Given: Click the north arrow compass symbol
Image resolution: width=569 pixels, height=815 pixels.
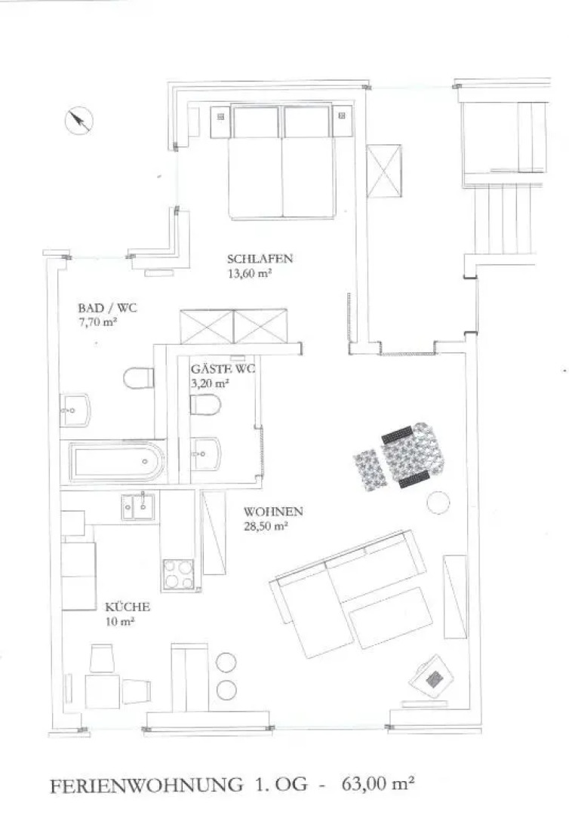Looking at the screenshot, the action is [x=78, y=121].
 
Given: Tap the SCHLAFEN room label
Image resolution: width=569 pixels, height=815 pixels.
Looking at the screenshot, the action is [x=260, y=258].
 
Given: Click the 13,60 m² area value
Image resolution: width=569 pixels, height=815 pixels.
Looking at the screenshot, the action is [x=251, y=273].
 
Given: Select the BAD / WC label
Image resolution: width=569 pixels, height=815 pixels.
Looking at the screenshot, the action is [x=108, y=308].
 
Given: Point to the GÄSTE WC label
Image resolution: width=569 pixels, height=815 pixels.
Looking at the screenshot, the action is [x=223, y=370].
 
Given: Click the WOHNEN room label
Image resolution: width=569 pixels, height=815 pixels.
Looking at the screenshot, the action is [x=273, y=512].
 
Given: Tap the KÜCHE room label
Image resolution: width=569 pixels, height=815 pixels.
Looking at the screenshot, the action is [x=128, y=607].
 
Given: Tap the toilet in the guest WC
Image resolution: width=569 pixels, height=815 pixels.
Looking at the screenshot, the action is [x=205, y=405].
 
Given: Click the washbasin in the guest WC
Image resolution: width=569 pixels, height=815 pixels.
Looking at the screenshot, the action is [x=206, y=454].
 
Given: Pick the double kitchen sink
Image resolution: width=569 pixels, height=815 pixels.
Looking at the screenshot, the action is [x=137, y=507].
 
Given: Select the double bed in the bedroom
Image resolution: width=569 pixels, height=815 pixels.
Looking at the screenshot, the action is [x=282, y=161].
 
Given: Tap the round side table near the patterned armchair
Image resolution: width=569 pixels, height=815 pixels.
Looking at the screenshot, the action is [x=438, y=503].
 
